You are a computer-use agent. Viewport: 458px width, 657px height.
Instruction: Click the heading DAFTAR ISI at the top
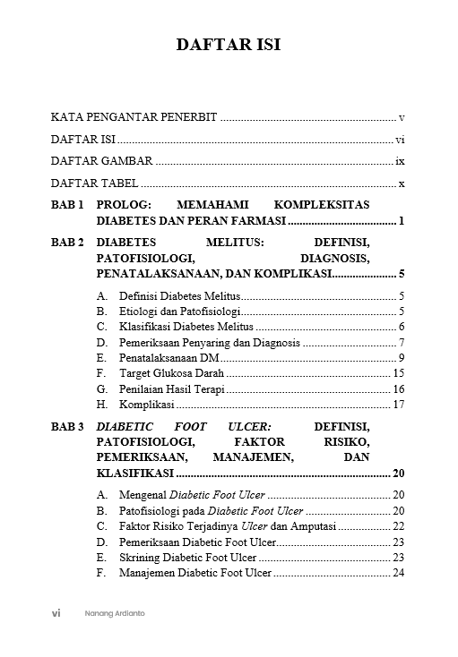229,44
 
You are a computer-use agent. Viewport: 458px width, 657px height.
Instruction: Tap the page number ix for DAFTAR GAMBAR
401,162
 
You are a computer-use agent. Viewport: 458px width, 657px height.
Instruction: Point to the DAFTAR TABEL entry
94,183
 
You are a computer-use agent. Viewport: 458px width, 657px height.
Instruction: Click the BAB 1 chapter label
67,205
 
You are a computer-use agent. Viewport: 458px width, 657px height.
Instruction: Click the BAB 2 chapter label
67,243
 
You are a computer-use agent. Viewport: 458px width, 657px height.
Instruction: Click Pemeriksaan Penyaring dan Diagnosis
211,343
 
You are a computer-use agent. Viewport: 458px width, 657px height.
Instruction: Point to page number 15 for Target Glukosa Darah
399,373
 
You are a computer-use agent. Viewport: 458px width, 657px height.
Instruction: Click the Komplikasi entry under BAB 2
146,405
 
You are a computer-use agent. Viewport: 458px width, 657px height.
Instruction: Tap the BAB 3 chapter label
67,427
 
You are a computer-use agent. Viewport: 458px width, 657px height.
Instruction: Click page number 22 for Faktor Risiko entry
399,526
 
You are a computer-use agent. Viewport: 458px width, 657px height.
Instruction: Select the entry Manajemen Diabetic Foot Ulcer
195,573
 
